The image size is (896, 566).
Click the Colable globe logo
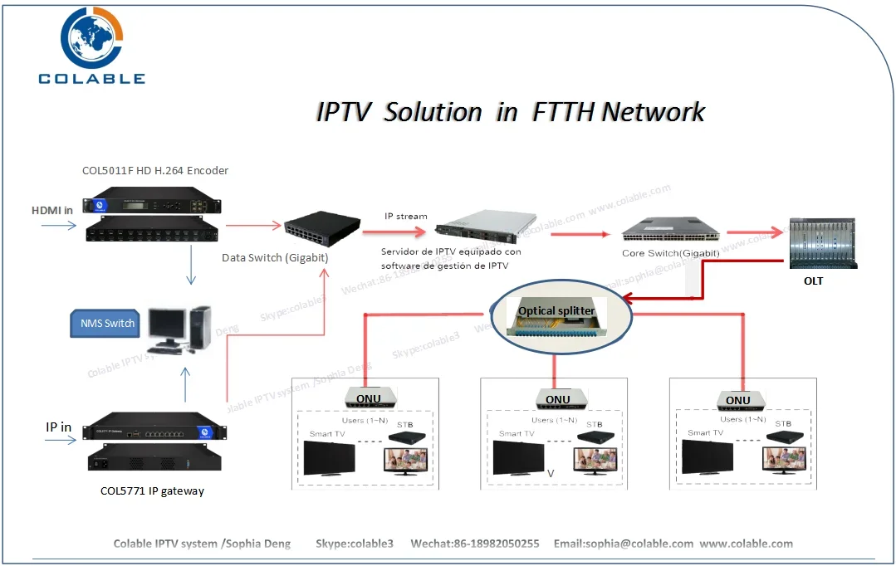(91, 38)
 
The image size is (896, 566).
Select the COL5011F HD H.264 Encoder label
(155, 171)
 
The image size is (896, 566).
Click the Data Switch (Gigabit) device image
(321, 227)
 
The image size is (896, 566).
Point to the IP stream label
(405, 216)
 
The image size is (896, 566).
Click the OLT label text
(813, 281)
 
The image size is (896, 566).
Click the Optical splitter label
(556, 310)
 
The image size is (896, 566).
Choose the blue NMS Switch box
(107, 323)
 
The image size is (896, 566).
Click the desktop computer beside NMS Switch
(180, 329)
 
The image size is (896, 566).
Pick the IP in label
(58, 427)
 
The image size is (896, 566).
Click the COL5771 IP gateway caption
(152, 490)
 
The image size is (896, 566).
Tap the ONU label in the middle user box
(557, 400)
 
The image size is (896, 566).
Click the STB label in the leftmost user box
(404, 424)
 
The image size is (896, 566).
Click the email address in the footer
(623, 544)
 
